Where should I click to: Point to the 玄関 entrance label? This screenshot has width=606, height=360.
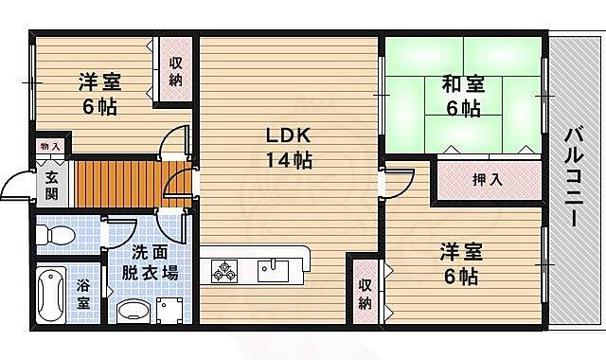(51, 185)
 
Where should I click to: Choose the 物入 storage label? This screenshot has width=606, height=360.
(50, 147)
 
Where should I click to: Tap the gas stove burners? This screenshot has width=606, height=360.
(225, 272)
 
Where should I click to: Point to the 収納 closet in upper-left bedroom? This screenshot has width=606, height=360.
(176, 72)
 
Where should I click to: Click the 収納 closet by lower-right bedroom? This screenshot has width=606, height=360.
(365, 293)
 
